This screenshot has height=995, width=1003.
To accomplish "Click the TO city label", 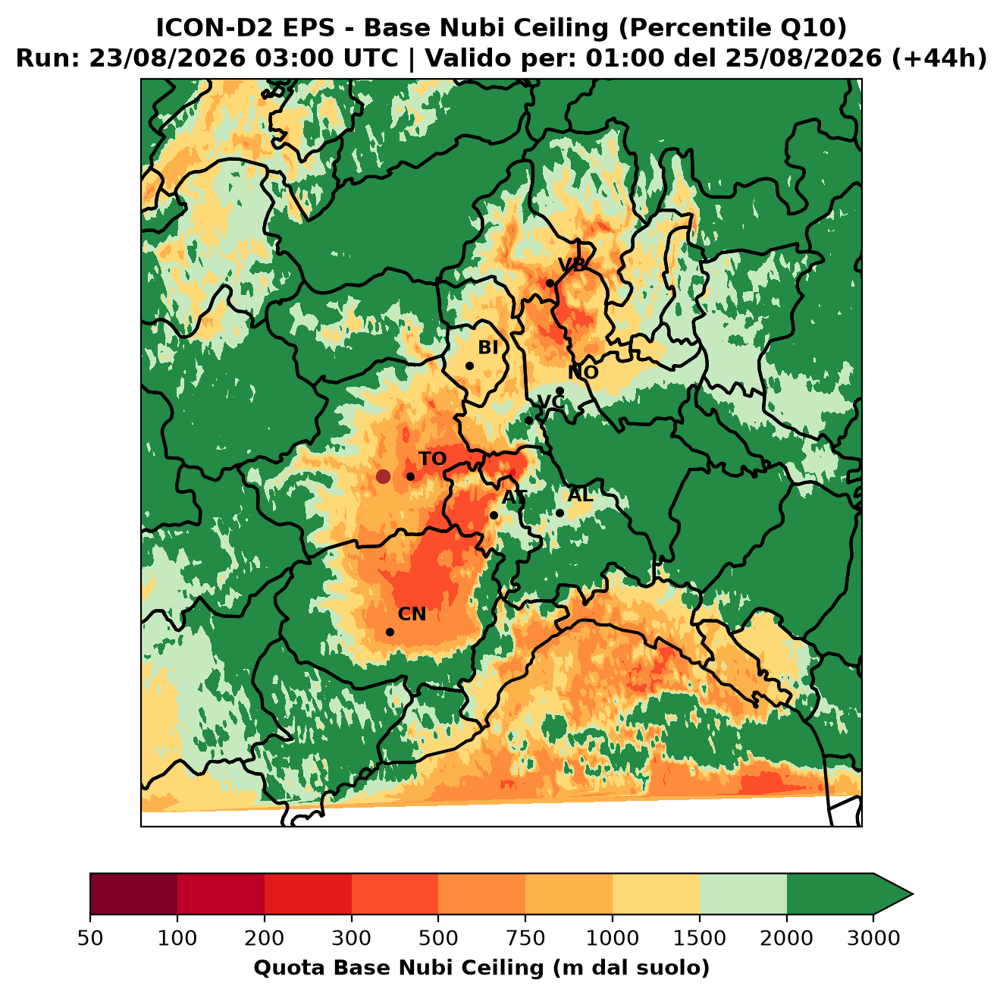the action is click(433, 459).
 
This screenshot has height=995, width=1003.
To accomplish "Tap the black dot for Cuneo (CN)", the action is click(390, 632).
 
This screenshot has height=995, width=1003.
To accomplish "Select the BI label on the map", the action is click(488, 347).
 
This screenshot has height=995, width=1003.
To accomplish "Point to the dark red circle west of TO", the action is click(383, 476).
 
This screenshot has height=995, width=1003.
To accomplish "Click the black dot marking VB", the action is click(550, 283).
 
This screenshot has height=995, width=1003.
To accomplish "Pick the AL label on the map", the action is click(581, 494).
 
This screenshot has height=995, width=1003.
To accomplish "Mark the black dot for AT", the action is click(494, 516).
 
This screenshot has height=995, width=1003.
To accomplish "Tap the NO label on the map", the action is click(583, 372).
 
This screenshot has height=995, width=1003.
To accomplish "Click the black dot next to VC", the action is click(529, 420).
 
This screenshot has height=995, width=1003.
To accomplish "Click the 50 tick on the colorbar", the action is click(90, 938).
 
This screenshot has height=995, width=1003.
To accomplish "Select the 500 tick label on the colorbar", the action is click(438, 938).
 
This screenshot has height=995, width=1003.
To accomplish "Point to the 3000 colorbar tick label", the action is click(873, 938).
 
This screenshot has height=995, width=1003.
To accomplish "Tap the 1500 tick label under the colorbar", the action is click(700, 938).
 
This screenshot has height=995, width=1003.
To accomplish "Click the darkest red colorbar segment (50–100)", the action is click(133, 894).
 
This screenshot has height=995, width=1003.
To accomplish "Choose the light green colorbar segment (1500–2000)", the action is click(743, 894).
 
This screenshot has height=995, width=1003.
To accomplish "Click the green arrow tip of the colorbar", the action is click(913, 894).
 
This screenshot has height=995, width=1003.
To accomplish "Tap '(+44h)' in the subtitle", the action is click(939, 58).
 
